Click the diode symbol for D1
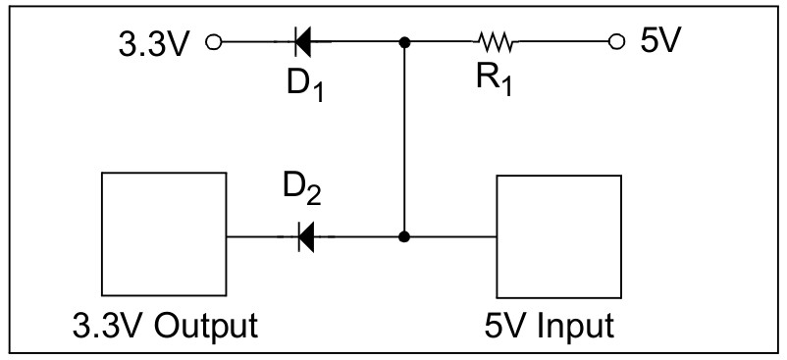coord(303,42)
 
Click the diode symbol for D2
coord(305,236)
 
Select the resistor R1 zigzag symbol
coord(496,42)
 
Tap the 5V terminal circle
coord(616,42)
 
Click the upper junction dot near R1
coord(404,42)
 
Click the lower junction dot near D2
coord(404,236)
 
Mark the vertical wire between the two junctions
coord(404,137)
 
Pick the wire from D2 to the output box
coord(260,236)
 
